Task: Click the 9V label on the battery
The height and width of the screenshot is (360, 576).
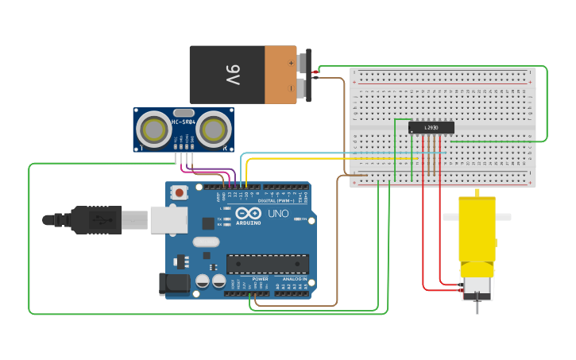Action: click(231, 75)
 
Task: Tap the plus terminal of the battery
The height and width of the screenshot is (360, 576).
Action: click(303, 61)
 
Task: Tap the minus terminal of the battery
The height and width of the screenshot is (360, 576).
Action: click(303, 88)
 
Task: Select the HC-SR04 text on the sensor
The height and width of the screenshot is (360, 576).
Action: click(184, 122)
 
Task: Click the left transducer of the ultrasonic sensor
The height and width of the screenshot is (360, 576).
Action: click(153, 129)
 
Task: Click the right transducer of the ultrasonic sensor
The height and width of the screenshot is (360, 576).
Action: click(213, 129)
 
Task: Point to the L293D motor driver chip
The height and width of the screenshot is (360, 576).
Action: click(431, 127)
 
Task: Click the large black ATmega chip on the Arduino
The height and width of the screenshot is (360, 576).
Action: click(268, 264)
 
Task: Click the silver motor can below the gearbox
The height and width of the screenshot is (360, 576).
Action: click(477, 284)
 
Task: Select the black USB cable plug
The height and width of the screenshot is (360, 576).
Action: click(95, 219)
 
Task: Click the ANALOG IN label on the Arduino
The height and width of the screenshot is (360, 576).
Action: click(292, 279)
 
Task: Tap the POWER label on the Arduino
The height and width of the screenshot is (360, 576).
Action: click(260, 279)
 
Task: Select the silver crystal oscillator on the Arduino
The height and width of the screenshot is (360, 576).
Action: click(205, 243)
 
